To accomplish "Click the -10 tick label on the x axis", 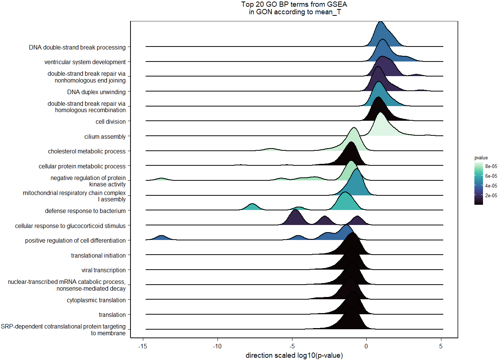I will point(217,346).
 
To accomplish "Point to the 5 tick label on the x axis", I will point(441,346).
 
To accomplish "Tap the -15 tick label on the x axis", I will point(142,346).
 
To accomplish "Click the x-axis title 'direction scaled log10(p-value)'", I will point(294,355).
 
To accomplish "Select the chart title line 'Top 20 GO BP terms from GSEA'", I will point(294,4).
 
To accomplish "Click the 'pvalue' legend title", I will point(481,158).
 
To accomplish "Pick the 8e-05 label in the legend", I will point(491,166).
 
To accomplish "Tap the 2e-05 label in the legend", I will point(491,195).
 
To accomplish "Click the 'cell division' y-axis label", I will point(111,121).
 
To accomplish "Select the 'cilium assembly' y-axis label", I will point(105,136).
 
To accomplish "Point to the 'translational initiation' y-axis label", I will point(98,255).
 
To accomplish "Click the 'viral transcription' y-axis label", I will point(103,270).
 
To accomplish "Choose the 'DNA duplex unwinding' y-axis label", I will point(96,92).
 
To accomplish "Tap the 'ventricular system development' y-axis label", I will point(85,62).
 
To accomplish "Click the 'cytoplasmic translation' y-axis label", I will point(96,300).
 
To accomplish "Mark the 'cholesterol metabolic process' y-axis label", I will point(87,151).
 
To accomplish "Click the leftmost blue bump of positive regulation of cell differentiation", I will point(161,238).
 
